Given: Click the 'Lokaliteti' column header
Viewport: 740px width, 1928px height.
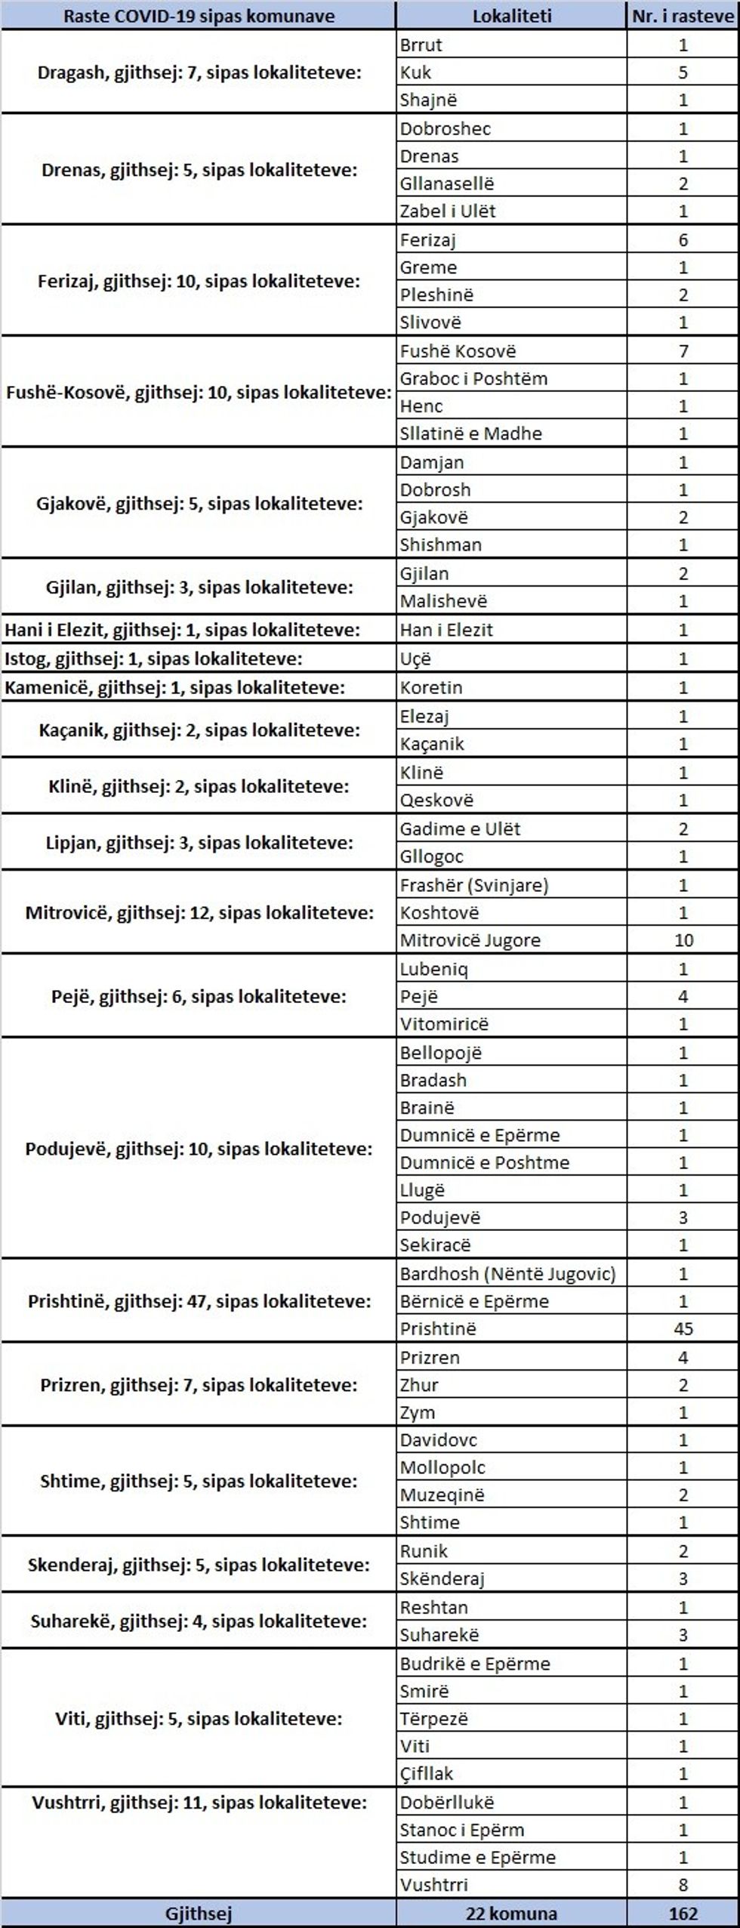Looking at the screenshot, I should click(511, 16).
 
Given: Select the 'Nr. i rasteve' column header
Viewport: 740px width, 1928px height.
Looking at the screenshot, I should click(683, 16).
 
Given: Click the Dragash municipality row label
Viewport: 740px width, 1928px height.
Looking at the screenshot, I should click(199, 73).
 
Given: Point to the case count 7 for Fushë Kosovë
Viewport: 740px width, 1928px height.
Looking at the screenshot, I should click(683, 351).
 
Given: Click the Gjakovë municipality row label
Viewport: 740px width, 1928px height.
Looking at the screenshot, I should click(199, 504).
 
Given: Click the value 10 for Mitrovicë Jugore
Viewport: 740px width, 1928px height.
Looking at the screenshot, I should click(683, 940).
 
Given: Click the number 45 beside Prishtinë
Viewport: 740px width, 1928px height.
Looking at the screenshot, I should click(683, 1328).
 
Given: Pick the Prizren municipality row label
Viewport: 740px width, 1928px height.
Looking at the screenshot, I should click(199, 1385).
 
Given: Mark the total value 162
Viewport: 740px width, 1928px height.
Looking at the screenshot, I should click(683, 1914).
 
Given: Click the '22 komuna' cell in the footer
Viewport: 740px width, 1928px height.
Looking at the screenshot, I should click(511, 1914).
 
